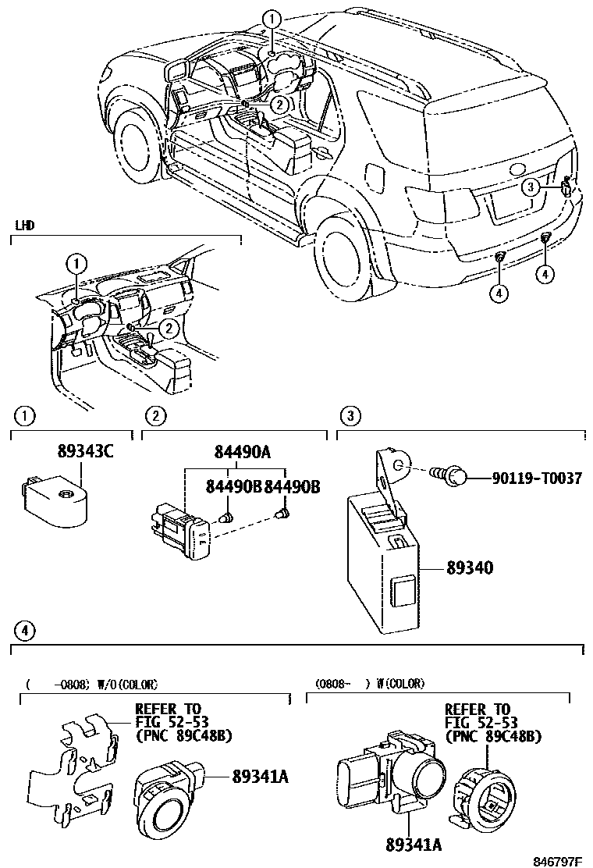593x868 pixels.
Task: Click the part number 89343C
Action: pos(85,452)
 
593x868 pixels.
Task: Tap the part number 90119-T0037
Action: pos(536,478)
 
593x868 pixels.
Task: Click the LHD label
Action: pos(26,225)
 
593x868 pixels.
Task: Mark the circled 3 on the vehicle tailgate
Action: pos(531,187)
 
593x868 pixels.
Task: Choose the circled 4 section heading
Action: pos(25,629)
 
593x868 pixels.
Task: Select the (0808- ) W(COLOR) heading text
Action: pos(371,684)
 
